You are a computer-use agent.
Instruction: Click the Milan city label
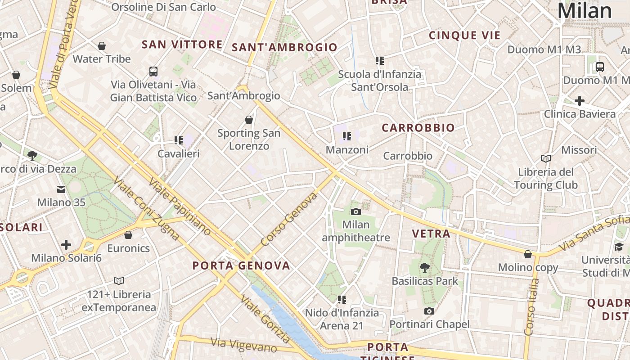point(585,11)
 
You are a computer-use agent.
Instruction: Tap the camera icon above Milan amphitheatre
point(356,211)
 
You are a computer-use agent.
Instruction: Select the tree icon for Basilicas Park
point(424,268)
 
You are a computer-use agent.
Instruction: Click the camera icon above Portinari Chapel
point(429,311)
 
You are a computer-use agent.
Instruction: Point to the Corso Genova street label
point(289,219)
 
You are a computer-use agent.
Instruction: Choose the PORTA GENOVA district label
point(241,265)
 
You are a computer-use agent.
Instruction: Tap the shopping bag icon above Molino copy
point(528,254)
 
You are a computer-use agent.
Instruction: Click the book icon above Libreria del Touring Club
point(546,158)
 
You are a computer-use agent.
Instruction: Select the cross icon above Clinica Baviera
point(580,100)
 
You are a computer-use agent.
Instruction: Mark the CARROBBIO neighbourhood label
point(418,128)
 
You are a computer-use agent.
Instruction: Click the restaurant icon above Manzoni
point(346,136)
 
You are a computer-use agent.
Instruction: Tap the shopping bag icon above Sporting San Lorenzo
point(249,120)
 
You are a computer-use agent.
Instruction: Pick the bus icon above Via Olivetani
point(153,71)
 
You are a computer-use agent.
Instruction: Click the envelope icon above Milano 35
point(61,189)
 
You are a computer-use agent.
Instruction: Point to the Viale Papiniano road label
point(180,207)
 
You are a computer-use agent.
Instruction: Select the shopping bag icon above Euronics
point(128,235)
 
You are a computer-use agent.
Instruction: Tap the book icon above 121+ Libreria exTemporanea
point(119,281)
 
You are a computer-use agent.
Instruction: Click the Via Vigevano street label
point(244,345)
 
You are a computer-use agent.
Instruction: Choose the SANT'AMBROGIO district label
point(284,47)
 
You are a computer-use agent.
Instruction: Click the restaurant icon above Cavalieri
point(179,140)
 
